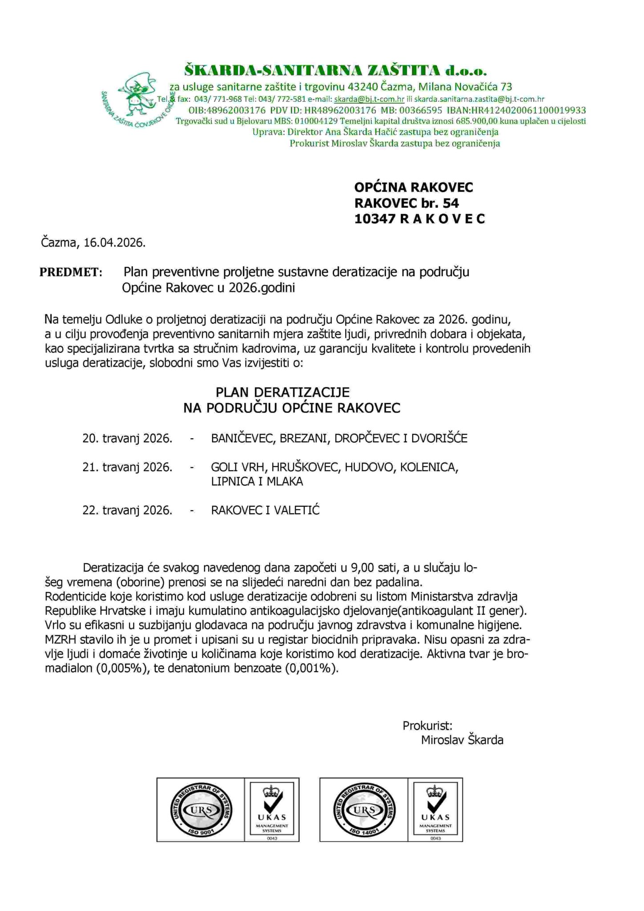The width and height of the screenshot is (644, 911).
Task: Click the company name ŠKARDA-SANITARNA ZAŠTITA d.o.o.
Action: pos(336,70)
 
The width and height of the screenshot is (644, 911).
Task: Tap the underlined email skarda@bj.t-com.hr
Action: pos(369,99)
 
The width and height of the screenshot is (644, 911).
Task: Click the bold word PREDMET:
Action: pos(71,272)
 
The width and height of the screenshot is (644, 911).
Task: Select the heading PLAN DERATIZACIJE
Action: pos(282,392)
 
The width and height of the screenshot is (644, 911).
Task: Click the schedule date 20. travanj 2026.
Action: pos(127,439)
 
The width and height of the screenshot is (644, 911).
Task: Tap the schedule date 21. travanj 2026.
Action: pos(127,468)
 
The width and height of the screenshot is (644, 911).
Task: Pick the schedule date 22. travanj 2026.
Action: pos(127,510)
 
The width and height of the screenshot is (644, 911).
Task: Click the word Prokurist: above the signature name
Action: pos(427,726)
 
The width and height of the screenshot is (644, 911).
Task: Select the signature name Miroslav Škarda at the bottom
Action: pos(462,740)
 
